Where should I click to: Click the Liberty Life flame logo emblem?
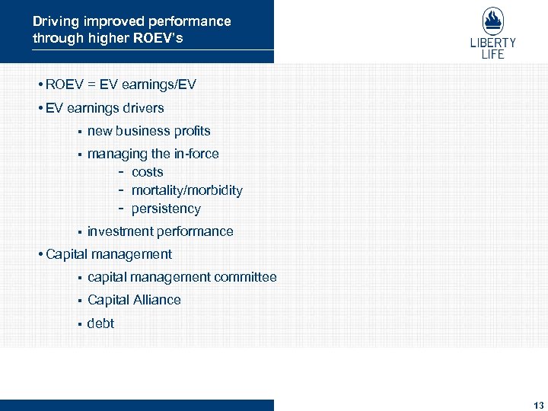pos(492,21)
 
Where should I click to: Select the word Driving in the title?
pos(56,21)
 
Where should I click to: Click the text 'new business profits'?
pos(148,131)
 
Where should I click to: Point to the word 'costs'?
pos(147,172)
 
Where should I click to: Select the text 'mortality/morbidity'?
pos(186,190)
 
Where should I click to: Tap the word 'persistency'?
pos(166,209)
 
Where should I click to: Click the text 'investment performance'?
pos(160,231)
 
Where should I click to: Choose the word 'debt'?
pos(100,323)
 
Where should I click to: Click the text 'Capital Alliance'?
pos(134,300)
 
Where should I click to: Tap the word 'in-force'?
pos(196,154)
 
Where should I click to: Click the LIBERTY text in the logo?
pos(492,43)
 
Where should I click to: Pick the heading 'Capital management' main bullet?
pos(108,254)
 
